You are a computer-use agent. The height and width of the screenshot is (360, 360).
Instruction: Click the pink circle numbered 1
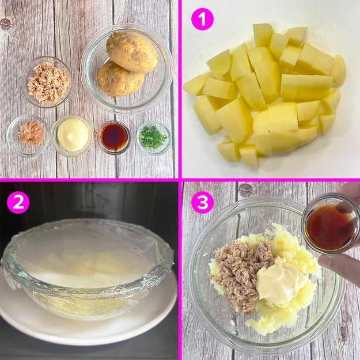coord(202,19)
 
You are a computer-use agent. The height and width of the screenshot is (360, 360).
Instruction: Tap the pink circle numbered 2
coord(18,202)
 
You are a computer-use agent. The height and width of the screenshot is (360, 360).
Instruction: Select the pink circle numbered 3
coord(202,202)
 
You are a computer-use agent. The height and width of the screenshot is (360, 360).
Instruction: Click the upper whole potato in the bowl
coord(132,52)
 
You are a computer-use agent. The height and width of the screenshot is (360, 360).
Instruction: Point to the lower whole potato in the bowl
coord(120,78)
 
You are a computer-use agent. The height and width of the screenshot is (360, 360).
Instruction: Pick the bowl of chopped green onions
coord(154,138)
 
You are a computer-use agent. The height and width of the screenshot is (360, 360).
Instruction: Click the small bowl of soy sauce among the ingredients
coord(114,137)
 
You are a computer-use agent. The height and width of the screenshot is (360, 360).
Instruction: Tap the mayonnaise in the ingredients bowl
coord(73,135)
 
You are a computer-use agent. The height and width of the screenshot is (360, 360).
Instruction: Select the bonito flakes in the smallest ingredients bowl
coord(31,134)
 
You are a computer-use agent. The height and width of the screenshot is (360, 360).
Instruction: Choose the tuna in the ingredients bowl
coord(48,82)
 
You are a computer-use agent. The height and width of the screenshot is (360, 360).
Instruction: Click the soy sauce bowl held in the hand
coord(330,223)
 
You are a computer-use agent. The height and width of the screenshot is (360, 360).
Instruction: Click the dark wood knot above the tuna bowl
coord(5,24)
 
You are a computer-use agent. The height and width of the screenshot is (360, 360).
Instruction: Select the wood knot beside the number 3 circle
coord(246,190)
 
